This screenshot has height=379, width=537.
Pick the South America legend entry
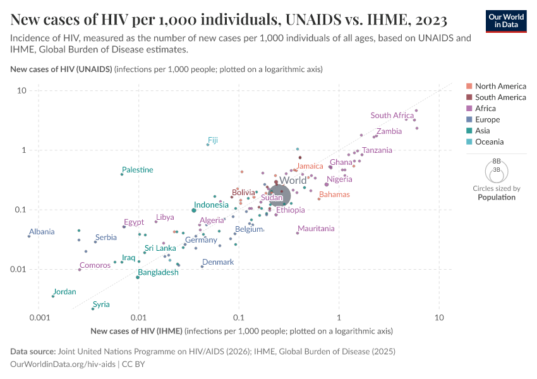click(x=500, y=97)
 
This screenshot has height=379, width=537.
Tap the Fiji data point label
click(x=213, y=140)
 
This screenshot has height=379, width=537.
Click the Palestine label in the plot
click(x=137, y=170)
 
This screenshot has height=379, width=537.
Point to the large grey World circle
click(x=278, y=195)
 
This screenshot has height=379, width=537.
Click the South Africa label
click(x=392, y=116)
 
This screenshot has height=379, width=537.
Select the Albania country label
click(x=42, y=232)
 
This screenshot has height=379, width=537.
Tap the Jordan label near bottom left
click(x=64, y=292)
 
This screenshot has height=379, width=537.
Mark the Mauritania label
click(x=316, y=229)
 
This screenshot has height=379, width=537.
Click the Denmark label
click(x=218, y=262)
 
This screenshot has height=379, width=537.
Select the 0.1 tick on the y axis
click(x=19, y=210)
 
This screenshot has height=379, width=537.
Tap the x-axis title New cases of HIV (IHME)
click(x=136, y=331)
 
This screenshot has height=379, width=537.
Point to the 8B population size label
click(x=497, y=162)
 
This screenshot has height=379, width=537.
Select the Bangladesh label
click(x=158, y=272)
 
